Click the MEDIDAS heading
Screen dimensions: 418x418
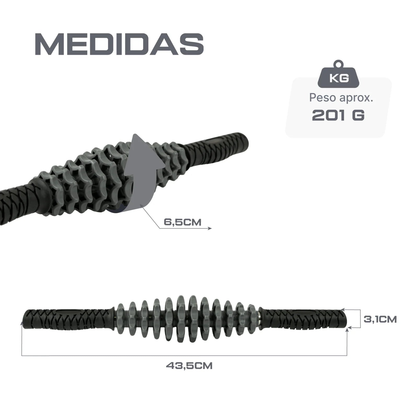point(119,44)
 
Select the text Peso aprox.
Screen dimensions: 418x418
point(341,98)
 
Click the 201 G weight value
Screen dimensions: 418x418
point(338,115)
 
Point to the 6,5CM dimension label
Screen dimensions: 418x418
point(183,222)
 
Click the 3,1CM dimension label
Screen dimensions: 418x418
point(380,319)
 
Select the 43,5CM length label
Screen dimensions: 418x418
point(189,365)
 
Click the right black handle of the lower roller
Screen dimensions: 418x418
point(304,320)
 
